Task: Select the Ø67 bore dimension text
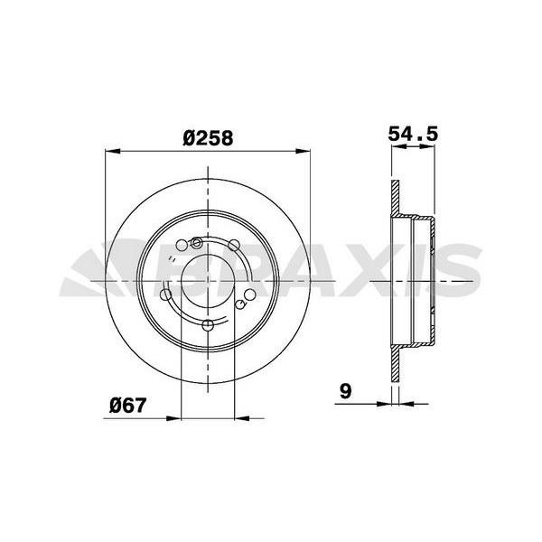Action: coord(127,405)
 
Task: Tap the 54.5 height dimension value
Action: coord(413,134)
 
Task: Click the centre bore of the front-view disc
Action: coord(209,281)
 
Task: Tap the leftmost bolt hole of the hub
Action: coord(164,294)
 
